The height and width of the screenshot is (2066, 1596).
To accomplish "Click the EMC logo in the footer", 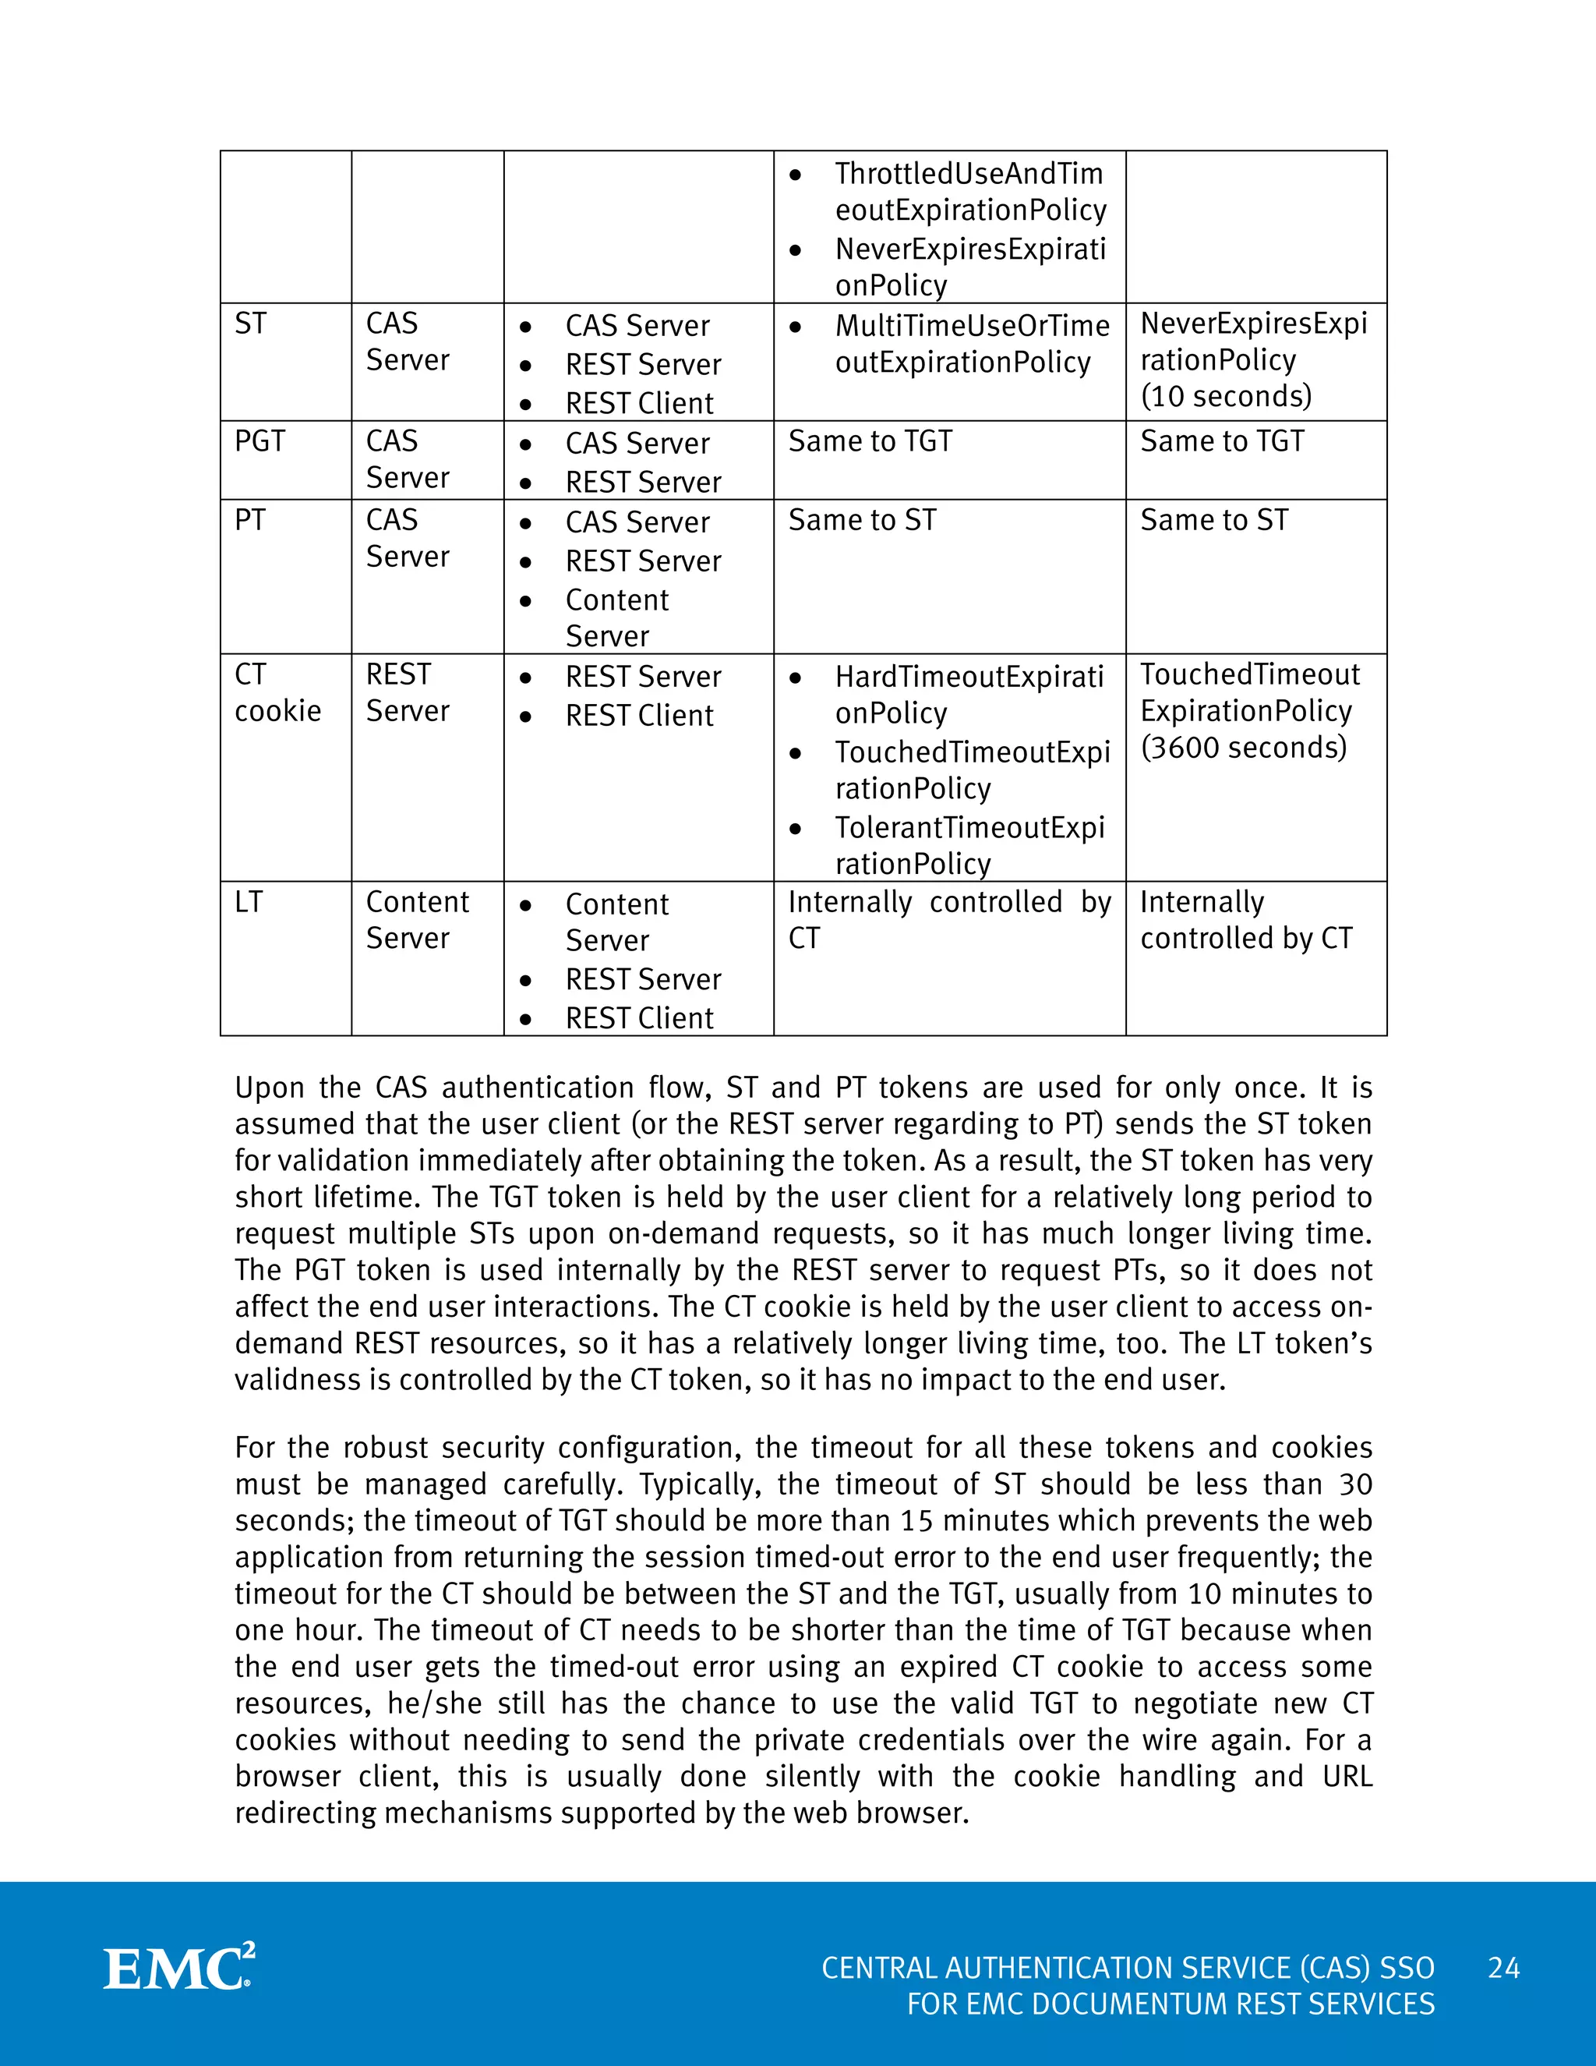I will [x=178, y=1968].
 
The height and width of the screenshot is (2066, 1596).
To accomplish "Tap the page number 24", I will [x=1503, y=1968].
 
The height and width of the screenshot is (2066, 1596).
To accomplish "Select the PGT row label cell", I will [x=260, y=442].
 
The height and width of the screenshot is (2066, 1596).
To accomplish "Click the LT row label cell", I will [x=249, y=903].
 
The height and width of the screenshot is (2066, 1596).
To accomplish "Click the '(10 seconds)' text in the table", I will [x=1227, y=396].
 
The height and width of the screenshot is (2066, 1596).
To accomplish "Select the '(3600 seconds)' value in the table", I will [x=1243, y=748].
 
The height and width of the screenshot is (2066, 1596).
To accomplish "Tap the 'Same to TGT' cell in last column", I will [x=1222, y=442].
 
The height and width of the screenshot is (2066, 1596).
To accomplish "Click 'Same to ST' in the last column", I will [x=1214, y=520].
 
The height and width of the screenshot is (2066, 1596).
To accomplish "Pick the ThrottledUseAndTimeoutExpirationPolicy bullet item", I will [x=969, y=192].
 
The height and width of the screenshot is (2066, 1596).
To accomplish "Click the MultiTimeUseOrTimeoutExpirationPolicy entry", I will [x=971, y=343].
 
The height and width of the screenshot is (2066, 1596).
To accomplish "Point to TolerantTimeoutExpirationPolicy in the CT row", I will [x=969, y=845].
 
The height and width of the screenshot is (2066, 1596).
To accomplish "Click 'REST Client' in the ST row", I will [x=639, y=404].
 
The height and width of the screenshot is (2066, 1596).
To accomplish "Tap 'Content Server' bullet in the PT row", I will [x=616, y=617].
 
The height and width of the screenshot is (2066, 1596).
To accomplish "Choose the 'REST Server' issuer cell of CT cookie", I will [x=407, y=692].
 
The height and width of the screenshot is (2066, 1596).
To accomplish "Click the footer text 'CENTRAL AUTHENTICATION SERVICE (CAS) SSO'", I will [x=1127, y=1968].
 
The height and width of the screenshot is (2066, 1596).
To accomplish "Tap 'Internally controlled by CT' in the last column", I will [x=1245, y=921].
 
